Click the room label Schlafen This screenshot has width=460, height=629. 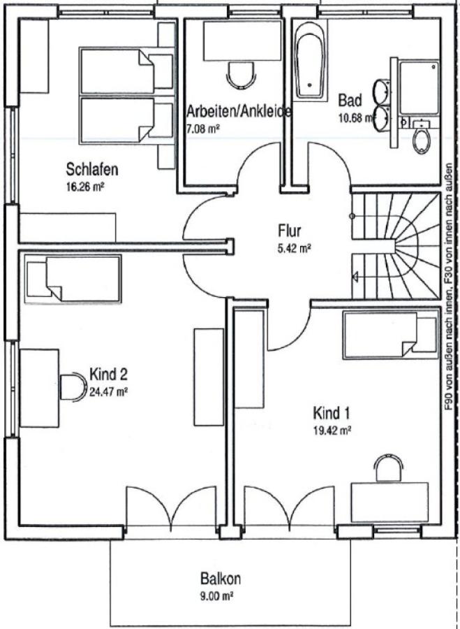(x=91, y=169)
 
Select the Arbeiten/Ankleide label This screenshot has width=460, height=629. (x=239, y=112)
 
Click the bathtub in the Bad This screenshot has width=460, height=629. (x=309, y=60)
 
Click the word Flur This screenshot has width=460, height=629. (x=289, y=231)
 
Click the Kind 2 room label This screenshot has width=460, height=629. (x=108, y=375)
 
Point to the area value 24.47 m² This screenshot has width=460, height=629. (x=108, y=392)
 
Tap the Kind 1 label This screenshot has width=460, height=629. (x=332, y=412)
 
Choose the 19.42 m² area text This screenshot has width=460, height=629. (x=332, y=431)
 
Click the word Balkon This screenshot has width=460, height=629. (x=221, y=579)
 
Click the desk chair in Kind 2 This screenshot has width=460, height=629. (x=73, y=386)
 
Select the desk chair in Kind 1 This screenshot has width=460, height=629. (x=388, y=468)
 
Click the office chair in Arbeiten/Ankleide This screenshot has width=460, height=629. (x=242, y=75)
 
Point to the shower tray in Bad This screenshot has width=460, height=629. (x=420, y=87)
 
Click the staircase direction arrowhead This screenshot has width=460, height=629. (x=355, y=276)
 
